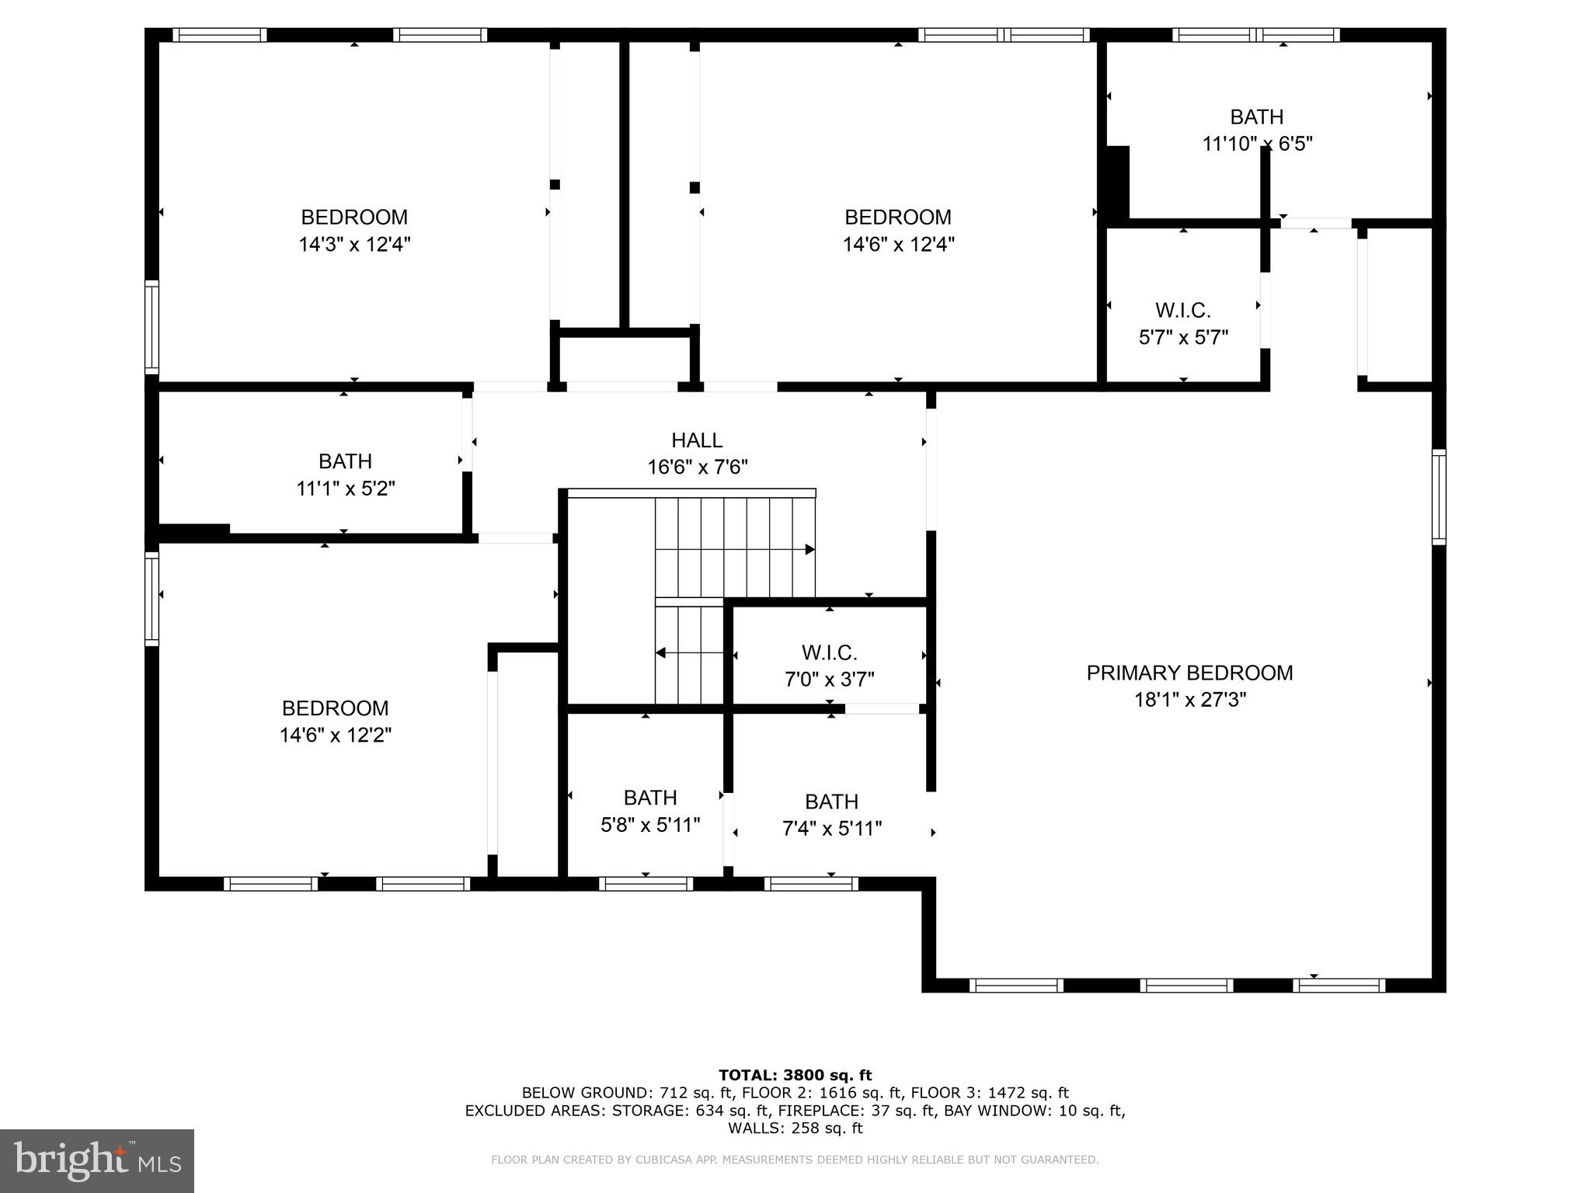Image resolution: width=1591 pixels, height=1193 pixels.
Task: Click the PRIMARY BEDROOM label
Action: click(x=1189, y=673)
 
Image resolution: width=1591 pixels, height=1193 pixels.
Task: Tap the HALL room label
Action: click(x=697, y=440)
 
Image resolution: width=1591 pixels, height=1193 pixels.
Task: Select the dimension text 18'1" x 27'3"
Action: click(x=1189, y=700)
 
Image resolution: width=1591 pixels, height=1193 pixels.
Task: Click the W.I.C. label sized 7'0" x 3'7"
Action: click(x=829, y=652)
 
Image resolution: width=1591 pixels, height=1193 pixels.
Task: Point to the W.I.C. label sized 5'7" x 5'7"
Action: click(x=1182, y=311)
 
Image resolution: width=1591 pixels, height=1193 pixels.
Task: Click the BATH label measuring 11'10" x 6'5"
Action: click(x=1256, y=117)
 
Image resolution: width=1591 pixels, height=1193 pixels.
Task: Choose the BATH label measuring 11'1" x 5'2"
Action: click(x=345, y=461)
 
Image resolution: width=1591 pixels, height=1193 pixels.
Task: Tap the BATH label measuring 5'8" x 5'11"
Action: click(x=650, y=798)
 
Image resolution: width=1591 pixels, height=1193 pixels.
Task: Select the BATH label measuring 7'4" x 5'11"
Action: click(x=831, y=802)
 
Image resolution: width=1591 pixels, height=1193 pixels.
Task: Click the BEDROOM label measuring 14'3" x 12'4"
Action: click(x=354, y=217)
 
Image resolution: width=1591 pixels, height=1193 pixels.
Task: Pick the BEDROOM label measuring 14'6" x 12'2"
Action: click(x=335, y=708)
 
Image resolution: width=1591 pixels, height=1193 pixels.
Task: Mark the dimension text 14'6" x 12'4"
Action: click(x=898, y=245)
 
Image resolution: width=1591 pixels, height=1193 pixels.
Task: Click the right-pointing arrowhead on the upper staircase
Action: click(x=809, y=549)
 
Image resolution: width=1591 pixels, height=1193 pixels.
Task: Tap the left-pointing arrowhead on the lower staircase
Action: click(x=661, y=652)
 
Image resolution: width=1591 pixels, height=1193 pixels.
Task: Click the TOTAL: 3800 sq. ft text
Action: click(x=795, y=1075)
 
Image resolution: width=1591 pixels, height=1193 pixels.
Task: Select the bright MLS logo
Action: click(x=97, y=1161)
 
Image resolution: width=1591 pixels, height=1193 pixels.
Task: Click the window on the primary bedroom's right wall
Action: click(x=1438, y=496)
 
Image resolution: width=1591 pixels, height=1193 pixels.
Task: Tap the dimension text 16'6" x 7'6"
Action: click(x=697, y=468)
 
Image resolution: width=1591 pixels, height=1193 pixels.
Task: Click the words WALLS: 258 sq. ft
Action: click(x=795, y=1128)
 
